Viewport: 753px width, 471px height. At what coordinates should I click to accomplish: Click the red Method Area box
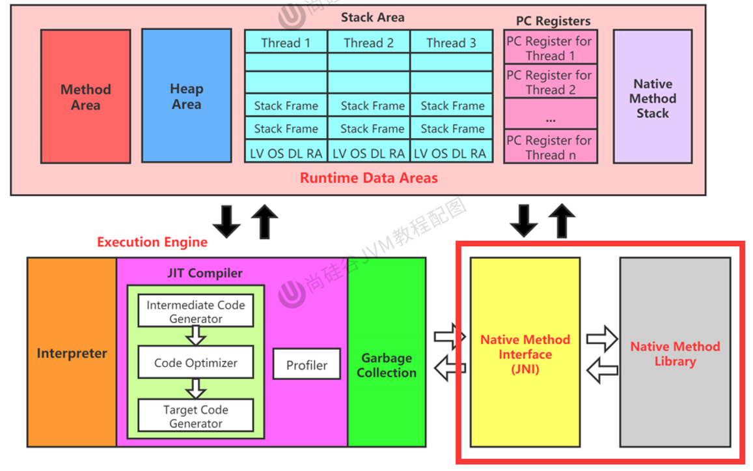(85, 96)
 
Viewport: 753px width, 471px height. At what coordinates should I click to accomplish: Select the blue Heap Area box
(186, 96)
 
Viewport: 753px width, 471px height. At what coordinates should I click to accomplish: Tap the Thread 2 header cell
(368, 43)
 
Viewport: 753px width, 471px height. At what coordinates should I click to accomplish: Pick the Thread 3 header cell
(451, 43)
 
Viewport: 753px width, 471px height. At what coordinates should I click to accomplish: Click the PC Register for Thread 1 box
(550, 48)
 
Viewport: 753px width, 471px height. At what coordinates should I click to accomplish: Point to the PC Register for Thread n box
(550, 147)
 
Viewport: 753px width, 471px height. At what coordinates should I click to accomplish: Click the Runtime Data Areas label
(368, 178)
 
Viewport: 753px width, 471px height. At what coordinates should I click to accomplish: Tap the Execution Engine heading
(152, 242)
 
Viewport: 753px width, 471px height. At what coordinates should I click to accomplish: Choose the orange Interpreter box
(72, 353)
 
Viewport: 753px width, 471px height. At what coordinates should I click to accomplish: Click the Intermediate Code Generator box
(196, 311)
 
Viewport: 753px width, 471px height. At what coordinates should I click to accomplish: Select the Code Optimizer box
(196, 362)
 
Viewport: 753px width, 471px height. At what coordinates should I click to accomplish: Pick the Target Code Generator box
(196, 416)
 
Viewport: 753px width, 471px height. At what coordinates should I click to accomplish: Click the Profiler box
(307, 365)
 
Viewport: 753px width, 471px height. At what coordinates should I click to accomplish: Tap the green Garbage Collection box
(387, 365)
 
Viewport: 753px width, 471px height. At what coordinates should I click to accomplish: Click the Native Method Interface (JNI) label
(525, 354)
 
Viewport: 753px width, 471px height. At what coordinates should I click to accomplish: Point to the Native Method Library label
(675, 354)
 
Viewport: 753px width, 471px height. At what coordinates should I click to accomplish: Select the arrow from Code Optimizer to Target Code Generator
(196, 388)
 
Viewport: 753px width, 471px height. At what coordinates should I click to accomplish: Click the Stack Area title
(372, 18)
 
